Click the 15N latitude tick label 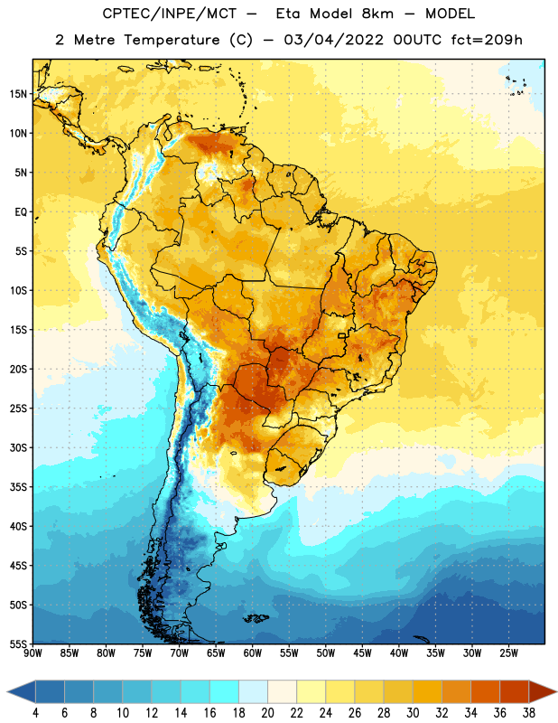pyautogui.click(x=18, y=94)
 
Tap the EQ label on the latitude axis pyautogui.click(x=21, y=212)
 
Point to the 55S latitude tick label pyautogui.click(x=18, y=643)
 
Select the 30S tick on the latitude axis pyautogui.click(x=18, y=447)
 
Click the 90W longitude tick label pyautogui.click(x=33, y=653)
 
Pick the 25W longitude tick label pyautogui.click(x=508, y=653)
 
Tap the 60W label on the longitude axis pyautogui.click(x=253, y=653)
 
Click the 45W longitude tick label pyautogui.click(x=363, y=653)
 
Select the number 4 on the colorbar pyautogui.click(x=35, y=713)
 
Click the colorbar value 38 pyautogui.click(x=529, y=713)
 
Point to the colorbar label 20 pyautogui.click(x=267, y=713)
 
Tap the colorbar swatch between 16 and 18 pyautogui.click(x=225, y=691)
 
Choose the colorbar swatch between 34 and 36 pyautogui.click(x=485, y=691)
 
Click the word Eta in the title pyautogui.click(x=288, y=14)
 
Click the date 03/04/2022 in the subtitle pyautogui.click(x=333, y=40)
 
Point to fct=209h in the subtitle pyautogui.click(x=487, y=40)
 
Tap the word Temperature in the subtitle pyautogui.click(x=172, y=40)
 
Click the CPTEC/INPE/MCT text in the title pyautogui.click(x=170, y=14)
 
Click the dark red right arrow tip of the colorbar pyautogui.click(x=553, y=691)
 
